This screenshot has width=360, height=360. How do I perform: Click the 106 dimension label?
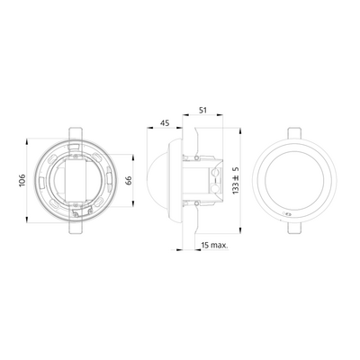(22, 180)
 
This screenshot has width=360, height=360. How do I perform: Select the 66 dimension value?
(129, 180)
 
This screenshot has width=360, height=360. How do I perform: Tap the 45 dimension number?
(165, 122)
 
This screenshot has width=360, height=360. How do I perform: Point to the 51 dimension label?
(203, 110)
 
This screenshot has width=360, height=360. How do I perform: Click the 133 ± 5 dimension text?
(236, 180)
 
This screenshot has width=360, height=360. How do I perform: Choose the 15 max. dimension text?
(215, 245)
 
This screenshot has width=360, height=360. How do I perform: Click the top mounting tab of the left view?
(76, 134)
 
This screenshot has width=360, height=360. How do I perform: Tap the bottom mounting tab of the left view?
(76, 227)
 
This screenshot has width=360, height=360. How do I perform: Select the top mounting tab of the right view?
(294, 133)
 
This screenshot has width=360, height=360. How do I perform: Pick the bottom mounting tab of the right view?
(294, 228)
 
